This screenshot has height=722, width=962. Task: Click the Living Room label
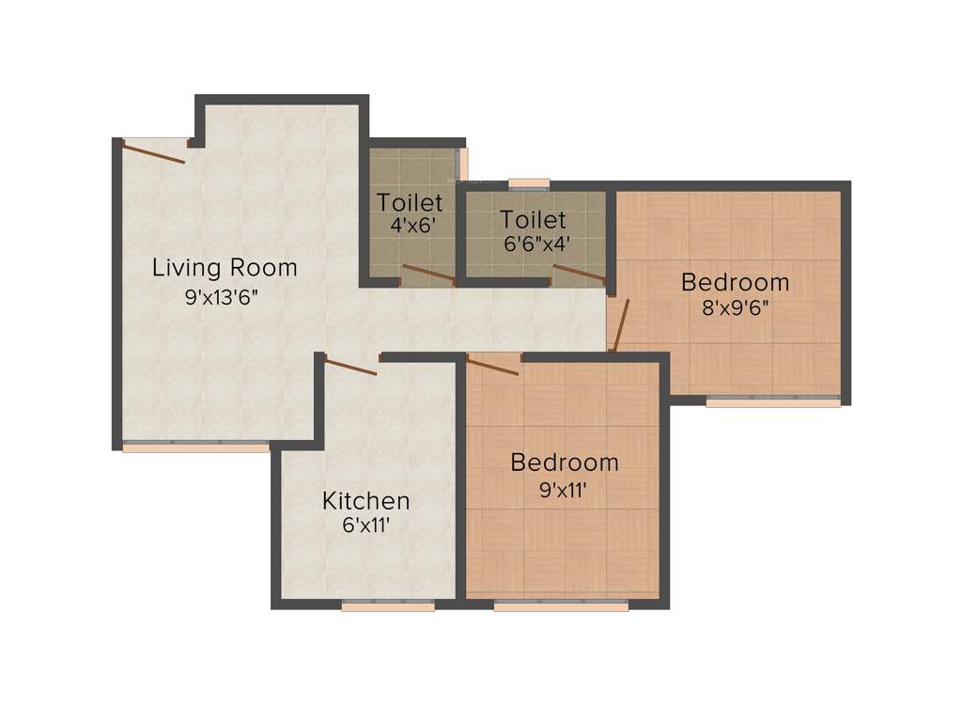[225, 268]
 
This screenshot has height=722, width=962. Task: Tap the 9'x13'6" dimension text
[222, 298]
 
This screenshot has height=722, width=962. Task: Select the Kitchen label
[365, 500]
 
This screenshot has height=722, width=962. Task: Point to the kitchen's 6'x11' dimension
[366, 526]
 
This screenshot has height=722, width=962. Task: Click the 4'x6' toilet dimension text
[410, 227]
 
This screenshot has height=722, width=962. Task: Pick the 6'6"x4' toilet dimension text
[534, 243]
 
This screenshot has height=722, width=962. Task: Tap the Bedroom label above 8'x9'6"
[736, 282]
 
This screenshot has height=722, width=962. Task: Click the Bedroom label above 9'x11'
[565, 463]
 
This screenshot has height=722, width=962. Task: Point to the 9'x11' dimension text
[565, 489]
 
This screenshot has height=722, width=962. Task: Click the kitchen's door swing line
[349, 366]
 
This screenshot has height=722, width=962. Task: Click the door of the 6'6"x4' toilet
[580, 274]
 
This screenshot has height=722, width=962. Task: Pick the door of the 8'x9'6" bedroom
[619, 324]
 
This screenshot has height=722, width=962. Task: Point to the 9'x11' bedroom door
[493, 365]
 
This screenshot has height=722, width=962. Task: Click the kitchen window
[388, 606]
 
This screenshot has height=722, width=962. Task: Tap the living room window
[195, 447]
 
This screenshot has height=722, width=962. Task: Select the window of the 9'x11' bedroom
[561, 606]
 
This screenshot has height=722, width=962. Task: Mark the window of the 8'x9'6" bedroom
[773, 402]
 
